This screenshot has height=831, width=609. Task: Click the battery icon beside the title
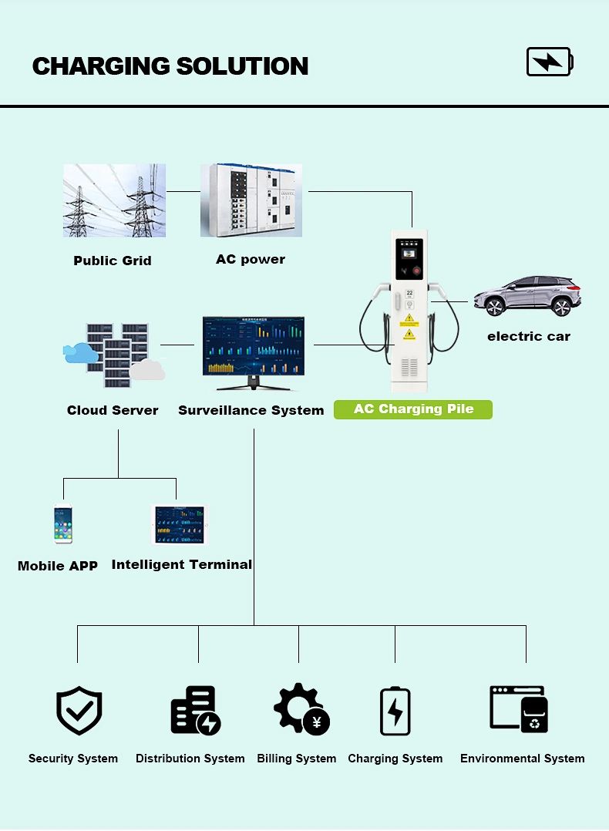point(550,62)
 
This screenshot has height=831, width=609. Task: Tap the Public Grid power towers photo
point(115,200)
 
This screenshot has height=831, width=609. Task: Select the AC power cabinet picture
point(251,200)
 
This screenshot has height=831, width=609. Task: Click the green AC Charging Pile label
point(413,409)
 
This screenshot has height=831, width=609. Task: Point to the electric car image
point(527,296)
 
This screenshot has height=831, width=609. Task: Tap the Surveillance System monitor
point(254,353)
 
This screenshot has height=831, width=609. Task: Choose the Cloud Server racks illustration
point(114,355)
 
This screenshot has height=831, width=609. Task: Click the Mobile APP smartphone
point(63,524)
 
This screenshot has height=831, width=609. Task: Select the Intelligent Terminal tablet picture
point(180,525)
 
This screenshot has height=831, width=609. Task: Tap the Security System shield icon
point(79,711)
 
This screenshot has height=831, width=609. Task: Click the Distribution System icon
point(196,710)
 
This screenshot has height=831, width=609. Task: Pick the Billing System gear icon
point(301,709)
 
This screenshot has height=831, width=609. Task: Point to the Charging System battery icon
point(395,711)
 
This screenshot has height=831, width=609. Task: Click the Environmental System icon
point(519,709)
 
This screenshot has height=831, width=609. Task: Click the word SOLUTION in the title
point(242,66)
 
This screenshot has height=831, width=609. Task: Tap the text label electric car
point(529,336)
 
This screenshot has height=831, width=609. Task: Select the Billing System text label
point(296,759)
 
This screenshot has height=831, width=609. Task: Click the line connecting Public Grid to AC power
point(183,191)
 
